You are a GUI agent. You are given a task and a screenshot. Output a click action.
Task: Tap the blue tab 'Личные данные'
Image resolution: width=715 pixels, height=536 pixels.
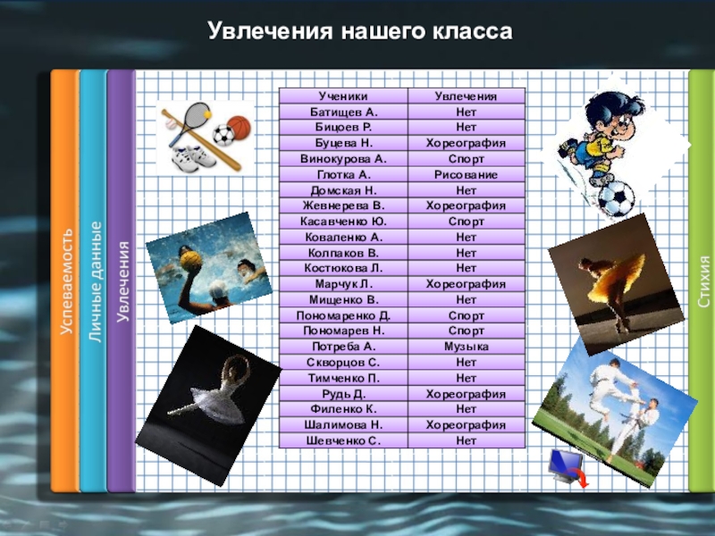tap(93, 281)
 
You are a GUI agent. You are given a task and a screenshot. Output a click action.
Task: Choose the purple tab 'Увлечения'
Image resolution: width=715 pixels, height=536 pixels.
tap(121, 281)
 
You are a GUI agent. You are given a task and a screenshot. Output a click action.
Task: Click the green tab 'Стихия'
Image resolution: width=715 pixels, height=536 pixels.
tap(702, 281)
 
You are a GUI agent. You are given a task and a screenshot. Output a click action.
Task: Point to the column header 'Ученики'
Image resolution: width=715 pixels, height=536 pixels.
tap(343, 96)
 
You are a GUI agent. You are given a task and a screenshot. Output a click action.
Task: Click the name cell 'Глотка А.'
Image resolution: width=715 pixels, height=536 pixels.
tap(343, 174)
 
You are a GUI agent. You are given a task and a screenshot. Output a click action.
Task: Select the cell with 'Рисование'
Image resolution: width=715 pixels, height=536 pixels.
tap(466, 174)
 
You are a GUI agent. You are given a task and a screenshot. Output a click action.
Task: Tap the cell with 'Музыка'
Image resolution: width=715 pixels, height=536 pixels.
tap(466, 347)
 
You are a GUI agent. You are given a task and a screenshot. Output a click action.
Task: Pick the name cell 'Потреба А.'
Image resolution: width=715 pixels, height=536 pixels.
tap(343, 347)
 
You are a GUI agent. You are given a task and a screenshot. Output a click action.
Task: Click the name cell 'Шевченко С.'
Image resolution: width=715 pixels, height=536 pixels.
tap(343, 440)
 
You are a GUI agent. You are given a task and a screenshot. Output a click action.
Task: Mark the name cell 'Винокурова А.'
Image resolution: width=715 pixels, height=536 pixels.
tap(343, 159)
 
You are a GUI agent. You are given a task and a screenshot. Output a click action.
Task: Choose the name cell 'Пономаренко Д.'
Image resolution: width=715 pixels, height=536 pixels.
tap(343, 315)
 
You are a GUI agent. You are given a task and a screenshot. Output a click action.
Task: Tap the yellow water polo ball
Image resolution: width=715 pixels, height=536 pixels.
tap(189, 259)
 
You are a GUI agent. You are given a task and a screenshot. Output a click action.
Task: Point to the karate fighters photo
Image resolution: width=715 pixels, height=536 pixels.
tap(617, 402)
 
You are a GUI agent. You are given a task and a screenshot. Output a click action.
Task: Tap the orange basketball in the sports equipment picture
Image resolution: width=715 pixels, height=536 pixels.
tap(237, 124)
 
